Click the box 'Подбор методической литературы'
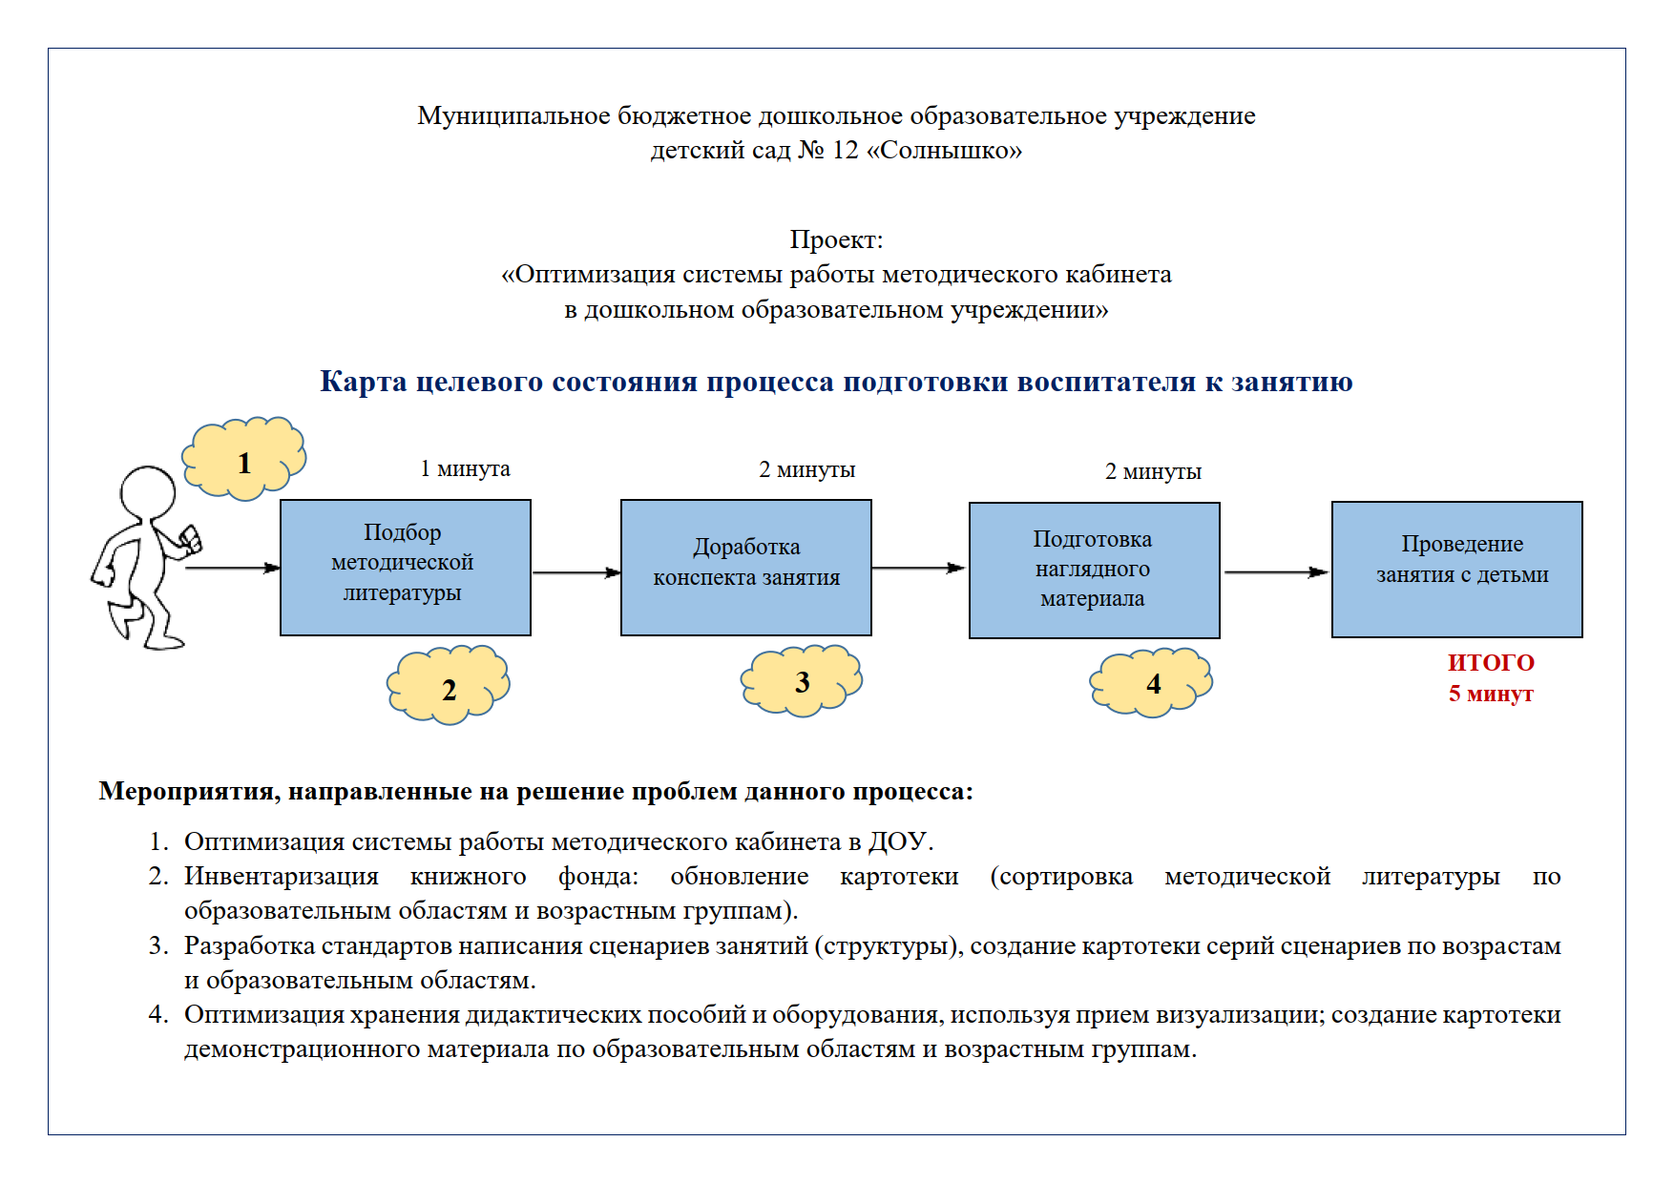pyautogui.click(x=405, y=567)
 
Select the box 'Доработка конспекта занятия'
pyautogui.click(x=745, y=567)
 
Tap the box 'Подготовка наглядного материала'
pyautogui.click(x=1094, y=570)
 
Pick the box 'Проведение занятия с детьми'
pyautogui.click(x=1456, y=569)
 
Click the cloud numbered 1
pyautogui.click(x=244, y=460)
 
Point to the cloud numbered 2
pyautogui.click(x=449, y=687)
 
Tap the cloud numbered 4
pyautogui.click(x=1152, y=682)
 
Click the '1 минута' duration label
pyautogui.click(x=465, y=468)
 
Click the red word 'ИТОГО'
pyautogui.click(x=1491, y=662)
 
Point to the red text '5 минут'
pyautogui.click(x=1491, y=694)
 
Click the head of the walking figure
pyautogui.click(x=148, y=491)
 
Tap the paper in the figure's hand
pyautogui.click(x=191, y=539)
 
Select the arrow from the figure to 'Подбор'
pyautogui.click(x=232, y=568)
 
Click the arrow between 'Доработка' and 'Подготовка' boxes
pyautogui.click(x=919, y=568)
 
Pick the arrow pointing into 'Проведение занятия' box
pyautogui.click(x=1276, y=572)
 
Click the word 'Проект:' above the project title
pyautogui.click(x=836, y=239)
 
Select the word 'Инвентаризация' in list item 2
pyautogui.click(x=282, y=876)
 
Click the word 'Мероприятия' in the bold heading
pyautogui.click(x=188, y=791)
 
